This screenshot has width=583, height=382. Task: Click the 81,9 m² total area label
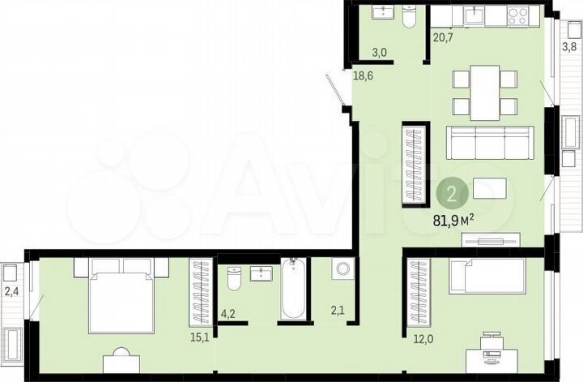click(452, 220)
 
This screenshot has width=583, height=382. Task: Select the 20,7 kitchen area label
click(443, 36)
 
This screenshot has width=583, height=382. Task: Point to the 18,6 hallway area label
click(364, 75)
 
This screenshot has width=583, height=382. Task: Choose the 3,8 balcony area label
click(570, 47)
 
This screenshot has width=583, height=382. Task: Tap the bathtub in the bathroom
click(292, 290)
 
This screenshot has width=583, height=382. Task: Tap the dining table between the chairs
click(484, 92)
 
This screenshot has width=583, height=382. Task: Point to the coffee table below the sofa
click(490, 188)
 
